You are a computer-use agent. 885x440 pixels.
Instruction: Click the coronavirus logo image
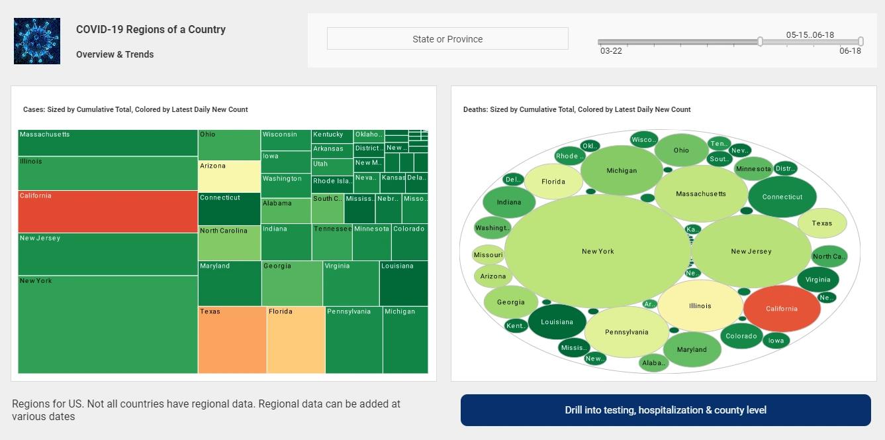coord(37,41)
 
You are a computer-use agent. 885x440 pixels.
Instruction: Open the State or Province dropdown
coord(447,38)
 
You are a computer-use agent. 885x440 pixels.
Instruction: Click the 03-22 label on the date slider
coord(610,50)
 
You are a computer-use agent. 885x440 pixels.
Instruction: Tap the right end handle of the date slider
coord(861,41)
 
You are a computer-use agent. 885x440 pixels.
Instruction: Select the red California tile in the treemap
coord(108,212)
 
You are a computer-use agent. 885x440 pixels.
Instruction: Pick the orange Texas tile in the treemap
coord(232,340)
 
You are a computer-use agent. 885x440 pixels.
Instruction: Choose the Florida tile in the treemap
coord(296,340)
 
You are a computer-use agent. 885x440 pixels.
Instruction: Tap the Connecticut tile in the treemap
coord(229,209)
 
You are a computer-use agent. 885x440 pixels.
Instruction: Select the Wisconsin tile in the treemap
coord(286,140)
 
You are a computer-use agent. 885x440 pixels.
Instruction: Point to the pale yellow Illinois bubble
coord(700,306)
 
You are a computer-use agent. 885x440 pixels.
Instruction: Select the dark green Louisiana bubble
coord(557,322)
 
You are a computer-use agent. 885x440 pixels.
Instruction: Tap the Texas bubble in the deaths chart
coord(822,223)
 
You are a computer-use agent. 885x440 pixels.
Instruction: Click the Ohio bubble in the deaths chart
coord(681,150)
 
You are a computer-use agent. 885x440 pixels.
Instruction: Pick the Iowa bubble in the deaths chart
coord(776,341)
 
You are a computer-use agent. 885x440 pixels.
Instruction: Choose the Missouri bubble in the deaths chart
coord(489,255)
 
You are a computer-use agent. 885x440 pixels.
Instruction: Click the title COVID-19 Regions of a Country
coord(151,29)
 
